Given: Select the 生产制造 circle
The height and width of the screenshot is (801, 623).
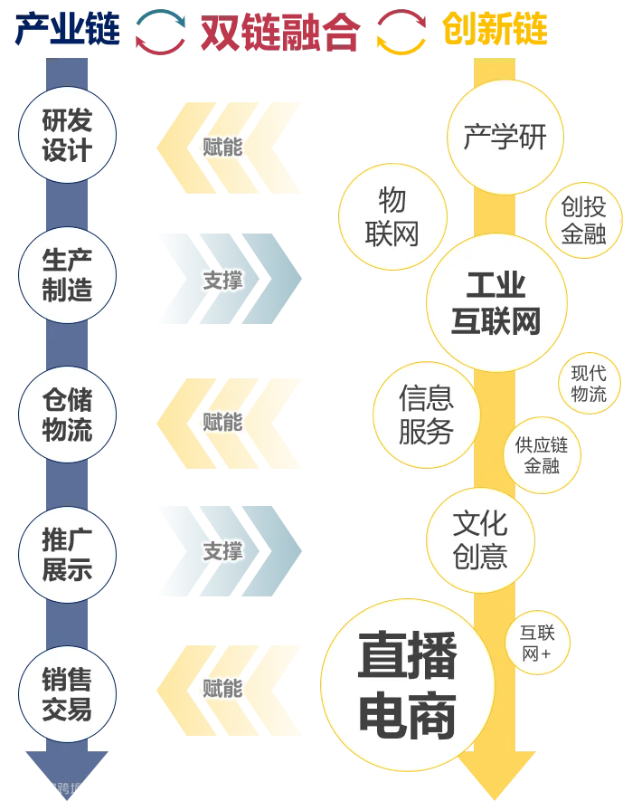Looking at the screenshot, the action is coord(67,275).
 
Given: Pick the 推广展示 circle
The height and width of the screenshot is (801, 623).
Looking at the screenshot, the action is coord(67,554).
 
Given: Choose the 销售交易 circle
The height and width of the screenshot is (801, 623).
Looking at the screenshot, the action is coord(67,694).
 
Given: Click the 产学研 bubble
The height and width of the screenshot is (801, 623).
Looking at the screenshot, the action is coord(505,138).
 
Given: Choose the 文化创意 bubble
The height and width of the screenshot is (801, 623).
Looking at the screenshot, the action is coord(480,539).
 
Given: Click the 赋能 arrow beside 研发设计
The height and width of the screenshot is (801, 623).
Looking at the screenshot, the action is coord(222,146).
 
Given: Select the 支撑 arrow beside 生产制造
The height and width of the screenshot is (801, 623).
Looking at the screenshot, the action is coord(222,281).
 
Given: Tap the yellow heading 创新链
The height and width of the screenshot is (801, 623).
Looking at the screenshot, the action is coord(495,33).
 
